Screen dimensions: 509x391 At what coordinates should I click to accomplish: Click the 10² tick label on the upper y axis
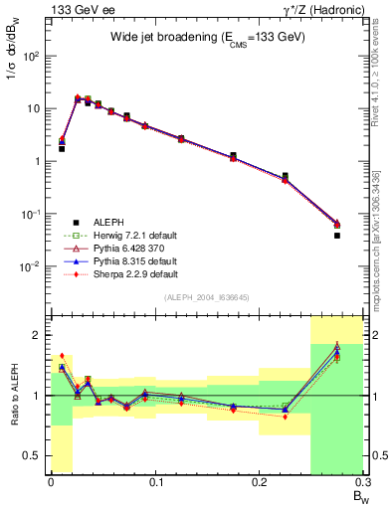[x=32, y=57]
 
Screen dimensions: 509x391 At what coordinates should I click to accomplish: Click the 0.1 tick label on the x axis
[x=155, y=481]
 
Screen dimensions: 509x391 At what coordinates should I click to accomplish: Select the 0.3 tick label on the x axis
[x=364, y=481]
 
